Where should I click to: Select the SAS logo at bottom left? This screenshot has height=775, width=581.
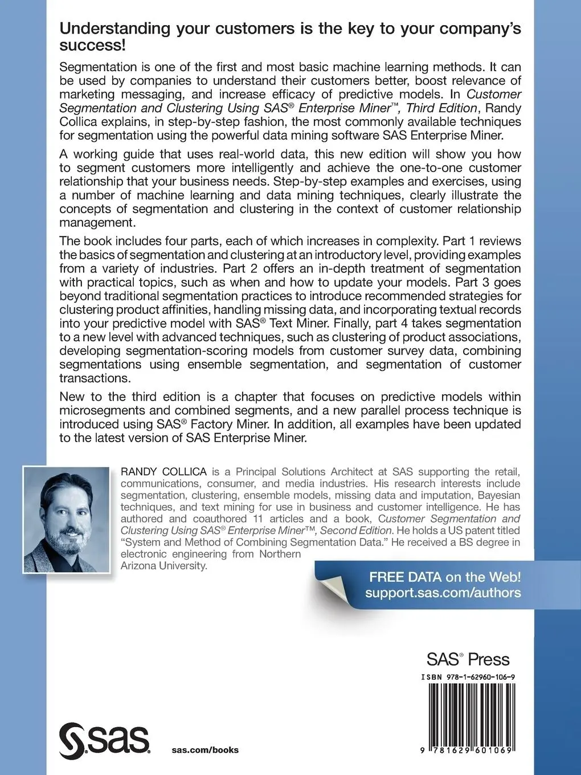pyautogui.click(x=105, y=739)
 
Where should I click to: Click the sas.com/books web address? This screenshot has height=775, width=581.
pyautogui.click(x=205, y=749)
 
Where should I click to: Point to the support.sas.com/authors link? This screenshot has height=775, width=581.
pyautogui.click(x=443, y=593)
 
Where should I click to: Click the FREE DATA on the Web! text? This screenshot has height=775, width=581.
pyautogui.click(x=445, y=577)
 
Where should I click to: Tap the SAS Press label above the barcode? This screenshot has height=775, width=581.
pyautogui.click(x=468, y=660)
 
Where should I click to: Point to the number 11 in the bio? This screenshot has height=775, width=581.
pyautogui.click(x=253, y=519)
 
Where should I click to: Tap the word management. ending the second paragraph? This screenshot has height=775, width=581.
pyautogui.click(x=97, y=223)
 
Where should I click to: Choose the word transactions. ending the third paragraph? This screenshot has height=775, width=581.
pyautogui.click(x=94, y=378)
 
